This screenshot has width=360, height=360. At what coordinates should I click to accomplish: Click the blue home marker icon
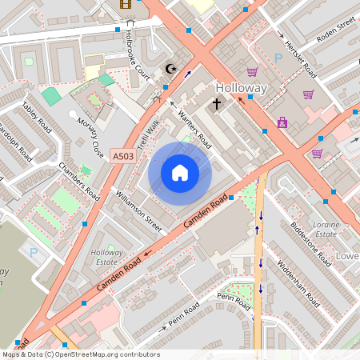[x=180, y=172]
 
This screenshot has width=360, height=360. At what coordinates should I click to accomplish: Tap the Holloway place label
[x=242, y=86]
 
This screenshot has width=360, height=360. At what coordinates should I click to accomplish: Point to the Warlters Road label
[x=194, y=127]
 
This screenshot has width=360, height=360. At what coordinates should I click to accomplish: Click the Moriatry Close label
[x=90, y=137]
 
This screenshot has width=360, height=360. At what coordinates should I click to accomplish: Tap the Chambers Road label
[x=79, y=182]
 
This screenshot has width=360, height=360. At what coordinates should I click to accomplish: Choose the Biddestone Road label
[x=310, y=243]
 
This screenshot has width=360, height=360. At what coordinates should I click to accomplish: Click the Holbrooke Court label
[x=138, y=51]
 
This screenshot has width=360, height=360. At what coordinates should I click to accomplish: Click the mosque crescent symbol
[x=169, y=70]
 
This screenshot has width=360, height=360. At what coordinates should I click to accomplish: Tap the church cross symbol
[x=216, y=104]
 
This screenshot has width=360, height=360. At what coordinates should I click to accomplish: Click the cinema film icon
[x=125, y=4]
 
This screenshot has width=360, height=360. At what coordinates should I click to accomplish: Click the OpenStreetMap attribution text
[x=80, y=354]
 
